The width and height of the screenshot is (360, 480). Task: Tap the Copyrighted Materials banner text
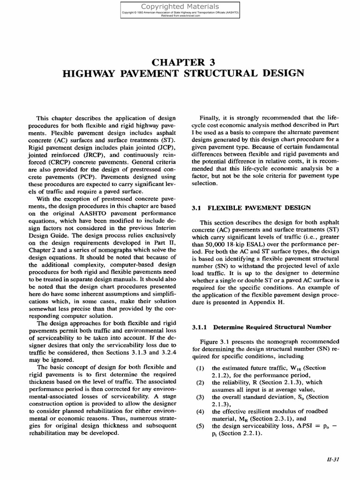pos(180,7)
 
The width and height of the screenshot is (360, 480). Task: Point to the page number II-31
pos(332,459)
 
